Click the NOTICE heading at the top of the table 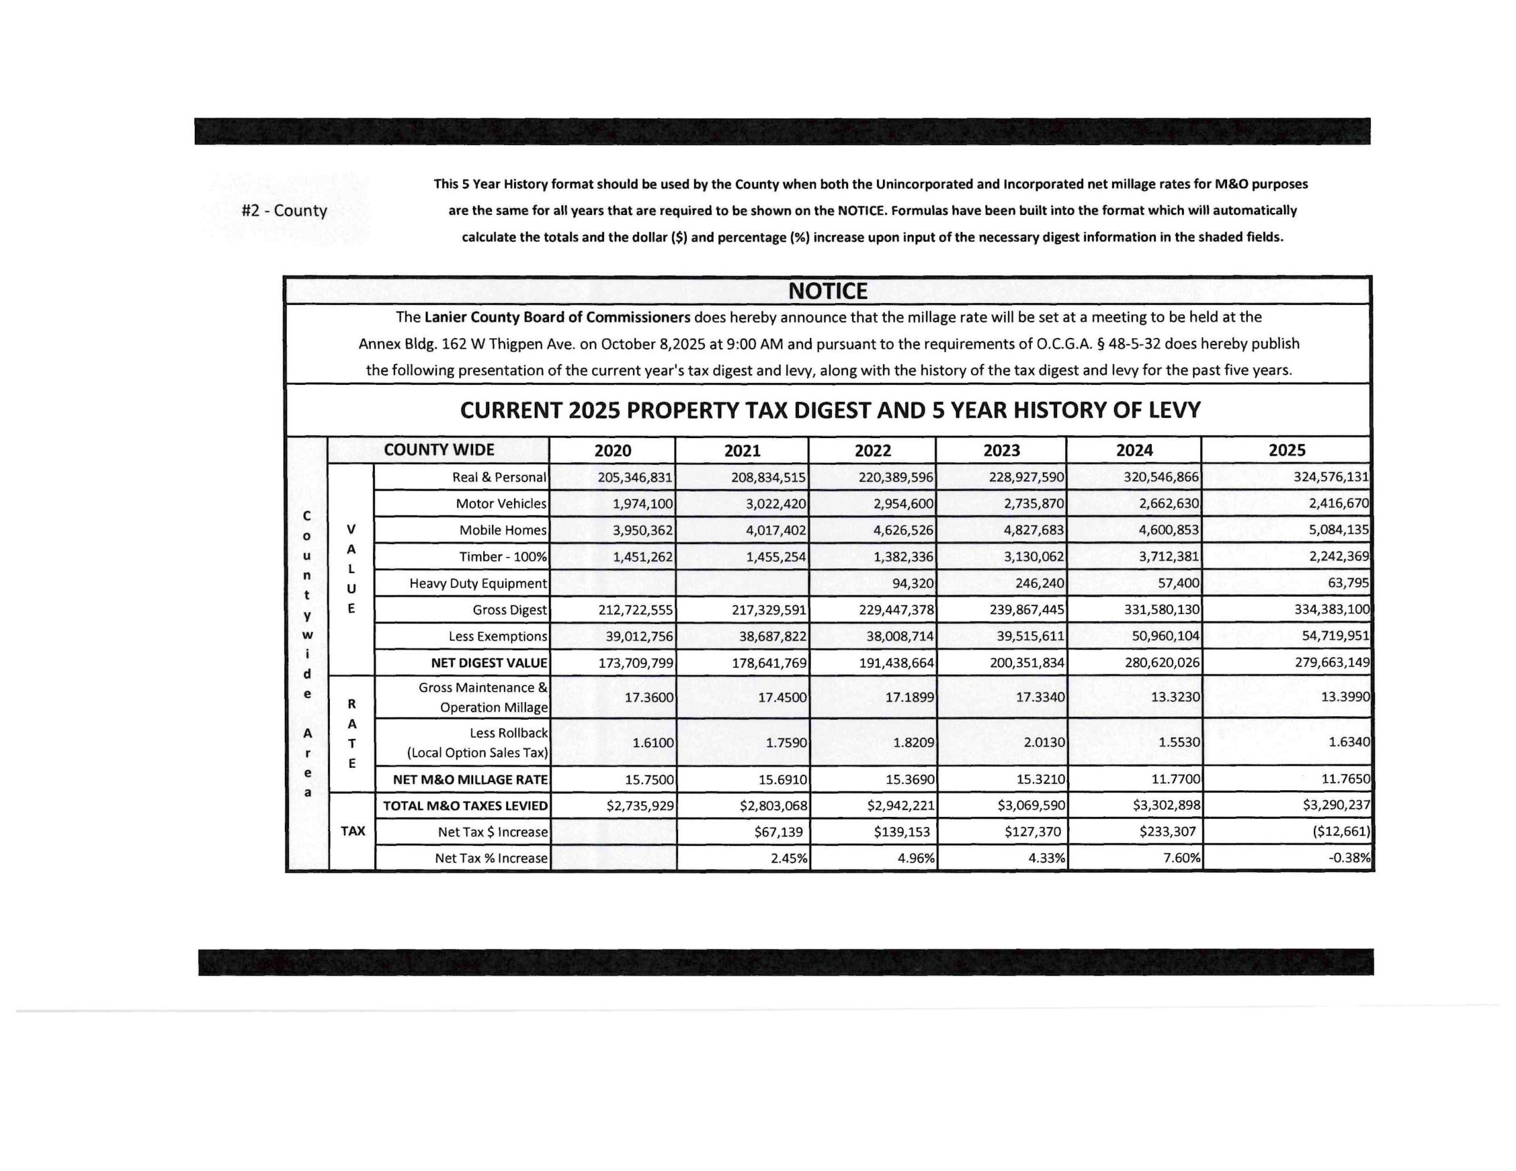pos(827,291)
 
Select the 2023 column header pos(1001,451)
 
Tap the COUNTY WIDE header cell pos(439,450)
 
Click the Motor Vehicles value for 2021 pos(775,504)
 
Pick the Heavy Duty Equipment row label pos(477,584)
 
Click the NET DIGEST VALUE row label pos(489,663)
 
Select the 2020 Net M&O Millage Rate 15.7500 pos(648,780)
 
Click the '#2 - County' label pos(284,211)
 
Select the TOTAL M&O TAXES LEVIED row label pos(465,806)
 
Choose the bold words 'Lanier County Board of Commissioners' pos(557,317)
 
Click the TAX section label pos(352,831)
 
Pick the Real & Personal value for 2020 pos(635,478)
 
